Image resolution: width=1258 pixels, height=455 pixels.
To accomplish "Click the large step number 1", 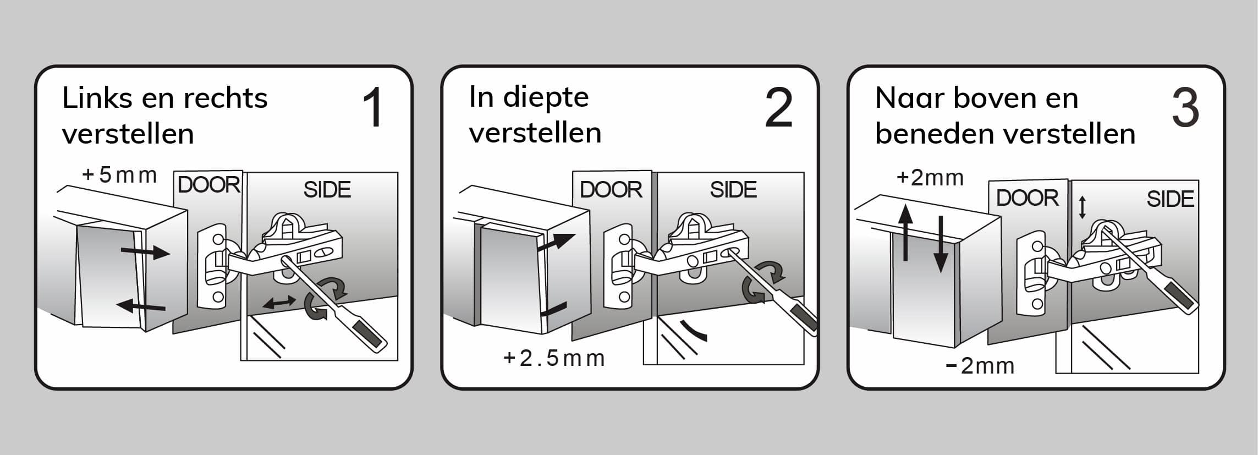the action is [373, 108].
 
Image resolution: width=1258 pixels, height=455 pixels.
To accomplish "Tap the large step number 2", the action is [779, 108].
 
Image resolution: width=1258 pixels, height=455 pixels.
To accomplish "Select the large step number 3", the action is [1185, 108].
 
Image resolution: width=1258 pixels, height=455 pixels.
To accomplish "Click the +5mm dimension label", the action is [119, 175].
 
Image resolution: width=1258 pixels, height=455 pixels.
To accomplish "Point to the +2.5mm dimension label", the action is [554, 358].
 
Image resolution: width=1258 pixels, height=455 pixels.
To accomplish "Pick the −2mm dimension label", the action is [980, 366].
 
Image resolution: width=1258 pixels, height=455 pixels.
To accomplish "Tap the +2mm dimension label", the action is [930, 178].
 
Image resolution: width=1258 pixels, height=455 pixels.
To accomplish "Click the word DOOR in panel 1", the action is [209, 185].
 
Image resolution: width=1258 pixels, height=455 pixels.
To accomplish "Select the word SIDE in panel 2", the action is [733, 190].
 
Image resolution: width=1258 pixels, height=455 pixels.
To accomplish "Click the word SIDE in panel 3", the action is [1170, 199].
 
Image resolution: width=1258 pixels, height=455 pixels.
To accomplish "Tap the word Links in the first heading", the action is [97, 98].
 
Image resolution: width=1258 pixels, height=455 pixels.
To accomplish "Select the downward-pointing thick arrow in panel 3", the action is [941, 244].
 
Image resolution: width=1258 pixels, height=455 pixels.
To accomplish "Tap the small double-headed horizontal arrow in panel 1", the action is [280, 301].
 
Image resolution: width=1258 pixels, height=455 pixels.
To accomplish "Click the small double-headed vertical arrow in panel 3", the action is [1082, 207].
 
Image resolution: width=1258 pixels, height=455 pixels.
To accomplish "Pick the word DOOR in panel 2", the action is [611, 190].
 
